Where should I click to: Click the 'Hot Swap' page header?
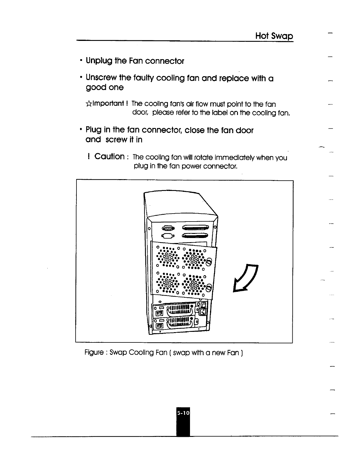[x=274, y=36]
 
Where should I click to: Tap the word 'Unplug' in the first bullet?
[x=99, y=61]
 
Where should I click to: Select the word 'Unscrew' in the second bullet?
[x=101, y=78]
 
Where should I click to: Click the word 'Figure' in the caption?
[x=94, y=352]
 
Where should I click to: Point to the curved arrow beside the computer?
[x=246, y=278]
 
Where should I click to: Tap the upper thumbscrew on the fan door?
[x=209, y=261]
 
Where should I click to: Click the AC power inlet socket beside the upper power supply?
[x=203, y=311]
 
